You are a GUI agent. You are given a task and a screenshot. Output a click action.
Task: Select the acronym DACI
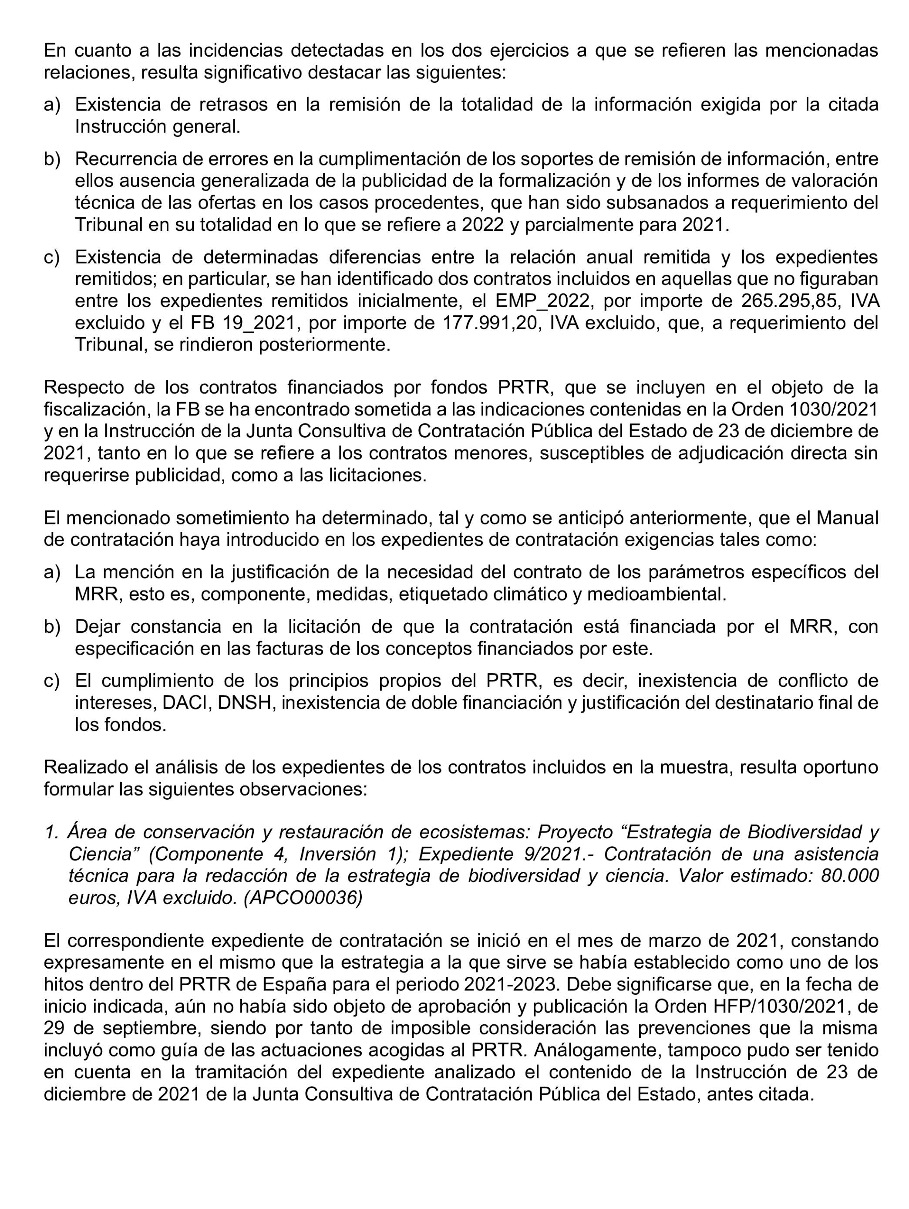[x=186, y=703]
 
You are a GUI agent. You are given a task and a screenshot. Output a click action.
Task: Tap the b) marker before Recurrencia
[x=51, y=159]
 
